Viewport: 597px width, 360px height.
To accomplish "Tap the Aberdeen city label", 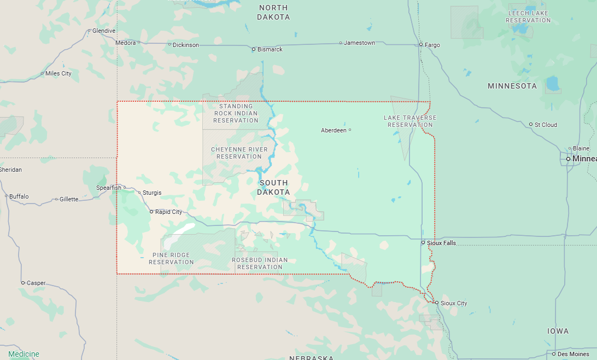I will [333, 130].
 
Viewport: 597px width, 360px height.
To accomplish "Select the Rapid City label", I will [168, 212].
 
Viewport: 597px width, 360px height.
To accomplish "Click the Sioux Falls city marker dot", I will [423, 242].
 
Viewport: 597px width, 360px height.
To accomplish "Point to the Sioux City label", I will [454, 303].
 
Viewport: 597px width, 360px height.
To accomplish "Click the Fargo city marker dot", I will [421, 44].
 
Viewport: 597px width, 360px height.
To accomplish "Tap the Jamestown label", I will [359, 43].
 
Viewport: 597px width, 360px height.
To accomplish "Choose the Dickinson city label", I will [186, 45].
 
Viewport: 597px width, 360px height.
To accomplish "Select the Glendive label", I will [104, 31].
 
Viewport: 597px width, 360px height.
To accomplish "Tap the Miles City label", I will [58, 73].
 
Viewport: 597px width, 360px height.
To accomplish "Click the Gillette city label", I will [69, 199].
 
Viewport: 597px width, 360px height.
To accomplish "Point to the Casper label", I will [36, 283].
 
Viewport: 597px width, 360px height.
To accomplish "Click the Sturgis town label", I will [152, 193].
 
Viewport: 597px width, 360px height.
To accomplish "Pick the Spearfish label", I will [109, 188].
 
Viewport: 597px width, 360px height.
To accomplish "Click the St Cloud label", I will [546, 125].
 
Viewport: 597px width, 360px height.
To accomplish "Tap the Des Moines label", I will [573, 354].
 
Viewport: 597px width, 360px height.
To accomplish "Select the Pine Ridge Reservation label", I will [171, 259].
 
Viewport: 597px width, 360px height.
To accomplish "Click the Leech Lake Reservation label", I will [528, 16].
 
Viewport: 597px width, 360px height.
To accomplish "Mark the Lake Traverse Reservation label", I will [410, 121].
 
